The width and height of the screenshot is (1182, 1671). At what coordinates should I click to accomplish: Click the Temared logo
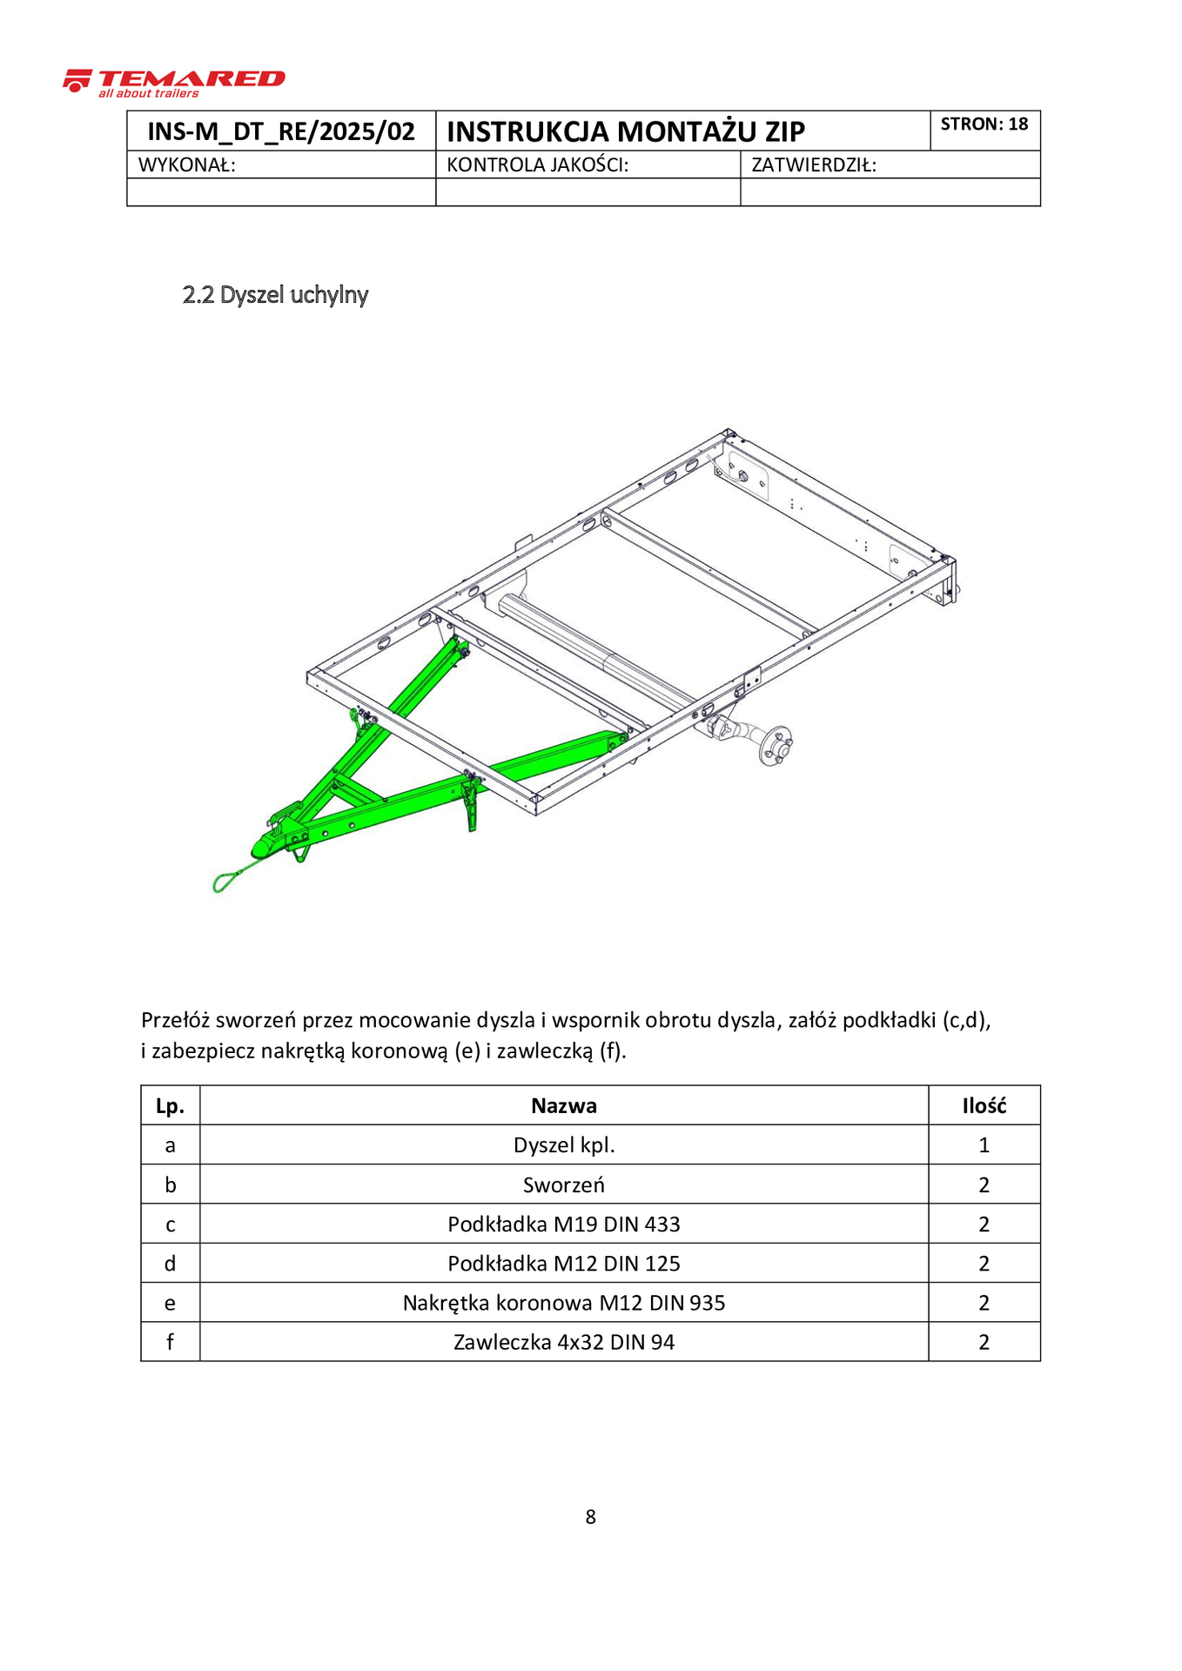(x=174, y=83)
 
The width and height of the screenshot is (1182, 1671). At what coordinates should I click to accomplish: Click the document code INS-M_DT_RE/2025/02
(x=281, y=131)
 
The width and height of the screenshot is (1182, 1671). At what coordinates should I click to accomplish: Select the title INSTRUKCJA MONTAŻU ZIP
(x=626, y=131)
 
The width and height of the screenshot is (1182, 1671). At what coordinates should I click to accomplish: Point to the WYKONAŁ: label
(x=187, y=164)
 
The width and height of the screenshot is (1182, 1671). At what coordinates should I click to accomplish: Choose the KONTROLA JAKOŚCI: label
(x=537, y=164)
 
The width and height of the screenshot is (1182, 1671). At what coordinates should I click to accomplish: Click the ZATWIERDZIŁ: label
(x=814, y=164)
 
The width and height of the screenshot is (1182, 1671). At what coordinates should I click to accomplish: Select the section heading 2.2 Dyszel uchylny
(x=275, y=295)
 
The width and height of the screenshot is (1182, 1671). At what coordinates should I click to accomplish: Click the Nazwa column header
(x=564, y=1105)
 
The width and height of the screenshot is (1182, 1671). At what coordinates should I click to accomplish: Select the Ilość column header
(x=984, y=1105)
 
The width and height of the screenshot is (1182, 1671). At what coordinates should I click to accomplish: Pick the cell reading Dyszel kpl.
(x=564, y=1145)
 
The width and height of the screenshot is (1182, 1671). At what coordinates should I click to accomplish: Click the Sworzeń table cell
(x=564, y=1184)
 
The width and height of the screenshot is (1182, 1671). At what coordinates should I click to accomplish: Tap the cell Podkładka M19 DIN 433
(x=564, y=1225)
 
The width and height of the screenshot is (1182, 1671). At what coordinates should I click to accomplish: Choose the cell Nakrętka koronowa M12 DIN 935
(x=564, y=1303)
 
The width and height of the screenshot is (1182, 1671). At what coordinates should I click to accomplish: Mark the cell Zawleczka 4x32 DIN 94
(x=564, y=1342)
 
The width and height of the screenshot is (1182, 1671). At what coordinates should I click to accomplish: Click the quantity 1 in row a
(x=984, y=1145)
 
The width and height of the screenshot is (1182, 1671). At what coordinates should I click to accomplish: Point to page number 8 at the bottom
(x=591, y=1517)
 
